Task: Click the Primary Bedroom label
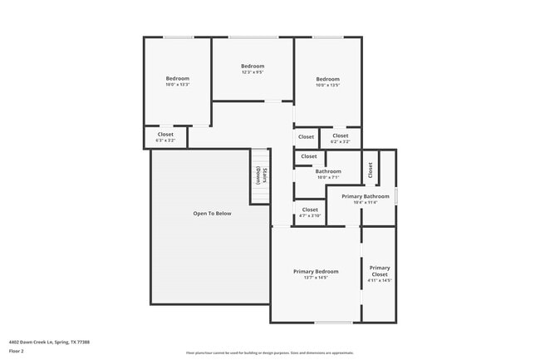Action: [316, 271]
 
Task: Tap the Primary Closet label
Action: [380, 271]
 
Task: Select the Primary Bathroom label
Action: [365, 196]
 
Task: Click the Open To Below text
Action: [212, 214]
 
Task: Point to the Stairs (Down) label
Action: [261, 175]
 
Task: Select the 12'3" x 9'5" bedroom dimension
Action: [253, 72]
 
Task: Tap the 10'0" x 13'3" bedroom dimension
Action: [178, 85]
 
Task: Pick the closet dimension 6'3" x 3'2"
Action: [165, 141]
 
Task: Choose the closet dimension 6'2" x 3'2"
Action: [340, 141]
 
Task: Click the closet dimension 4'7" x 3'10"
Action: [310, 216]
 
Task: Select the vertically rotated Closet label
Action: [371, 169]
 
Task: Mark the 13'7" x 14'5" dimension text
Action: [316, 277]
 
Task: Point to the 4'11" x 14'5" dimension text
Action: [380, 280]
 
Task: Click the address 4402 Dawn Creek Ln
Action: [49, 341]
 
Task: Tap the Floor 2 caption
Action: [17, 351]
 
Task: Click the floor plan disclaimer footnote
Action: [269, 353]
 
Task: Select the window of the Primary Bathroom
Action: [396, 196]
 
